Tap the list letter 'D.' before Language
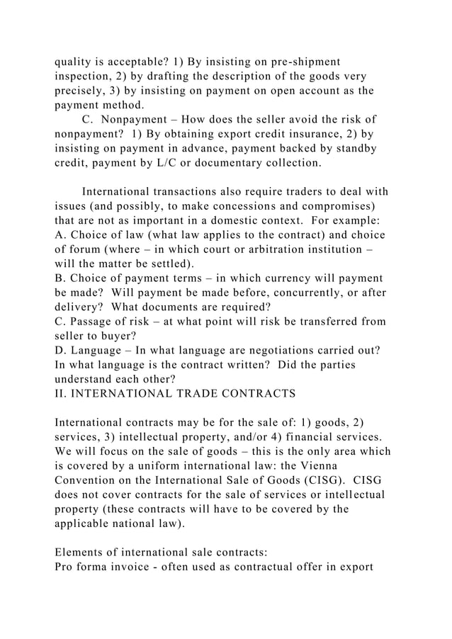pos(60,351)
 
